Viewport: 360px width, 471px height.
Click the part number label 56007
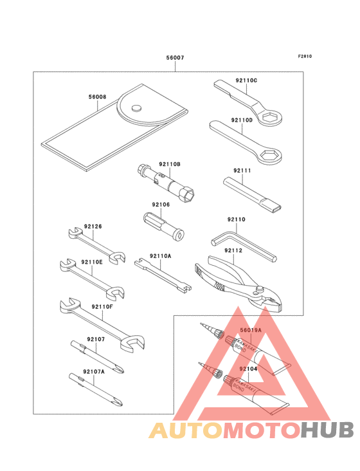175,58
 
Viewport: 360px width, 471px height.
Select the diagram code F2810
304,57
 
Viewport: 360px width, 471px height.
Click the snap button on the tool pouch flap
136,109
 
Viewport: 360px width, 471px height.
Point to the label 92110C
246,80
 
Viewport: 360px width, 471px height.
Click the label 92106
161,205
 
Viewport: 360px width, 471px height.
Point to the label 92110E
93,262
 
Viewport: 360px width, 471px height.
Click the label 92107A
93,372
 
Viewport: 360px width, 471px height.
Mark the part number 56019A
251,330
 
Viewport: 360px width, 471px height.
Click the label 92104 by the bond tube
248,369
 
